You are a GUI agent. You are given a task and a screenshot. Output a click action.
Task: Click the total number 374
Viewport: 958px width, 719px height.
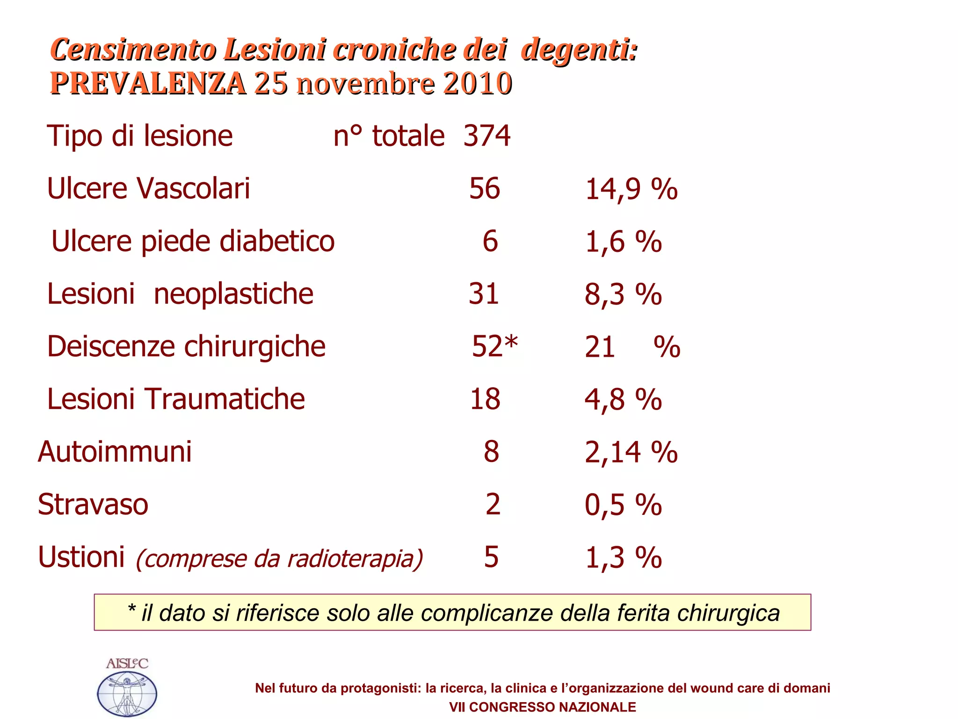[486, 136]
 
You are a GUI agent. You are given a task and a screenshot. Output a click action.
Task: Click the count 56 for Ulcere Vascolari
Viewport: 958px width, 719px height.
[485, 189]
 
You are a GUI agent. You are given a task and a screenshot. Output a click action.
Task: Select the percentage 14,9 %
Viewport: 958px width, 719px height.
[631, 190]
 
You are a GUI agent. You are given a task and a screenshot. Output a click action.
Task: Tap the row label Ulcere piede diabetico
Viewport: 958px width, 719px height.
[193, 242]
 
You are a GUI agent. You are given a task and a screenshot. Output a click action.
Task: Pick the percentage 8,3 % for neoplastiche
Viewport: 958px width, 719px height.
[623, 294]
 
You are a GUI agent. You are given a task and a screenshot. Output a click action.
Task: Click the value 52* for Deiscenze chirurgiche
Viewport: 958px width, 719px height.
[494, 346]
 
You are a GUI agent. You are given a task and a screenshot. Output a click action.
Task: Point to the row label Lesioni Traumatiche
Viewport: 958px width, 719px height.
[176, 399]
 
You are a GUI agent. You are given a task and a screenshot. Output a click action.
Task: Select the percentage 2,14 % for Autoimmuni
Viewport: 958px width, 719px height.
[631, 452]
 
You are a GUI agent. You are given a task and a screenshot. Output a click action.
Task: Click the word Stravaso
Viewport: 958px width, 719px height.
[93, 505]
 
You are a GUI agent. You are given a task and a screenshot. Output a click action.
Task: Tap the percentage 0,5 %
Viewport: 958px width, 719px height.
[623, 505]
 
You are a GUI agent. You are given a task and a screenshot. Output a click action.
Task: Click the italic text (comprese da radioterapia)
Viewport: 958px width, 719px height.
[279, 558]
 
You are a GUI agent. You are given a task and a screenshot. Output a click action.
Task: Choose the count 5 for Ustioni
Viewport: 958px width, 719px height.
[491, 557]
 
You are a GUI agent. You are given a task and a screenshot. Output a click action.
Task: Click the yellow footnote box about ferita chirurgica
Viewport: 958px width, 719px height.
[452, 612]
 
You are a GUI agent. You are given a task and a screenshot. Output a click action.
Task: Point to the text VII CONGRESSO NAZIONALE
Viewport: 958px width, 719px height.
[542, 707]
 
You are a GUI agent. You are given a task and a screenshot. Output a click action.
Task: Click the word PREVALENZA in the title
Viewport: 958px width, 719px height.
[148, 83]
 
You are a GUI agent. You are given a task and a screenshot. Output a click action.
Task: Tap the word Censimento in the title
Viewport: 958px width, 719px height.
[133, 49]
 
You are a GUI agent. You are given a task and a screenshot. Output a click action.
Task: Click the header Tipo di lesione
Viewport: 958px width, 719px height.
[140, 136]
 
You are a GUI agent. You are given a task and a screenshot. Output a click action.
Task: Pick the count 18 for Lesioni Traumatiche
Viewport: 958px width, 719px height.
[485, 399]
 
